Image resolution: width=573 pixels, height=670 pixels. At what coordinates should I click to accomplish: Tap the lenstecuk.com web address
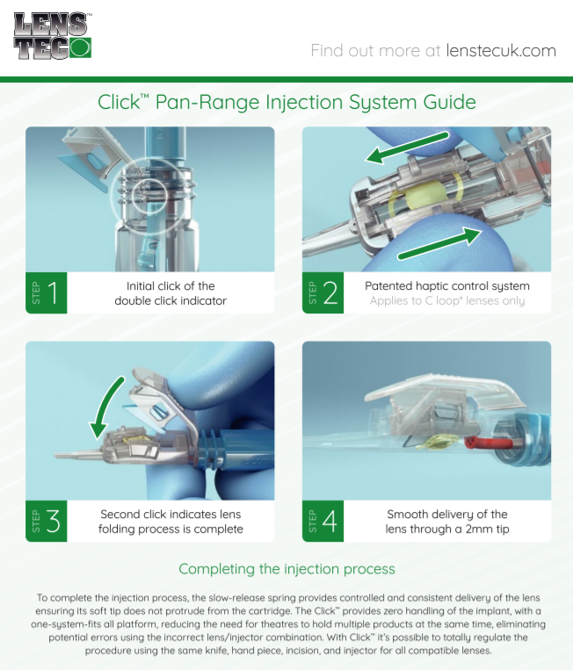point(501,50)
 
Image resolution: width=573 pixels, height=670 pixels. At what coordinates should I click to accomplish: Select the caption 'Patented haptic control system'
point(447,286)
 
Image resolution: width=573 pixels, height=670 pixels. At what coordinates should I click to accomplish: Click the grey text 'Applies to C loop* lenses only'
point(447,301)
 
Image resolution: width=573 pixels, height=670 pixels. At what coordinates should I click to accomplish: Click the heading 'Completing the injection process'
point(286,569)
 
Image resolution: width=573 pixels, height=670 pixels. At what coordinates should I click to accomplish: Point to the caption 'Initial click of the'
point(170,286)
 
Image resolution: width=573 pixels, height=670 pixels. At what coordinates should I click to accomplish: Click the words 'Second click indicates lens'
point(170,514)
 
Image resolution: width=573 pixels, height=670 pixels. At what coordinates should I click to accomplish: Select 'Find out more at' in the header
point(375,50)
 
